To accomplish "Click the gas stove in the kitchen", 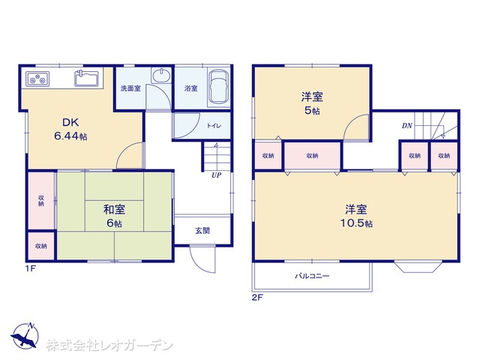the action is [x=37, y=78].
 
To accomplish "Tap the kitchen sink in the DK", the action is [x=87, y=78].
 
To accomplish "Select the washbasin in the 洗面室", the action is [x=162, y=75].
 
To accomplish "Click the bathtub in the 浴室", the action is [x=218, y=87].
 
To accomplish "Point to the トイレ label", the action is [x=214, y=125].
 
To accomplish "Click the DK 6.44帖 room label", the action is [x=70, y=129].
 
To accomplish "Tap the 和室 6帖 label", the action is [x=114, y=216].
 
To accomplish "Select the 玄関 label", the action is [x=202, y=230].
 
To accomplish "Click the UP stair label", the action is [x=217, y=175].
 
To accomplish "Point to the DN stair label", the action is [x=406, y=125].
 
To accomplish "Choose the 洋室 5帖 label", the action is [x=312, y=103].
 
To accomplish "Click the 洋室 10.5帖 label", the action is [x=356, y=216].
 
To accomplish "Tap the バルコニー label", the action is [x=312, y=276].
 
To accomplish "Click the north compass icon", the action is [x=25, y=336].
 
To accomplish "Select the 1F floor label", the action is [x=31, y=268].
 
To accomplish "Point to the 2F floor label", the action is [x=257, y=297].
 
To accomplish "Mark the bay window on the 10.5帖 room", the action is [x=418, y=267].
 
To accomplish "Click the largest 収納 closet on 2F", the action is [x=312, y=156].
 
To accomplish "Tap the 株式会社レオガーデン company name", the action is [x=109, y=346].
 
